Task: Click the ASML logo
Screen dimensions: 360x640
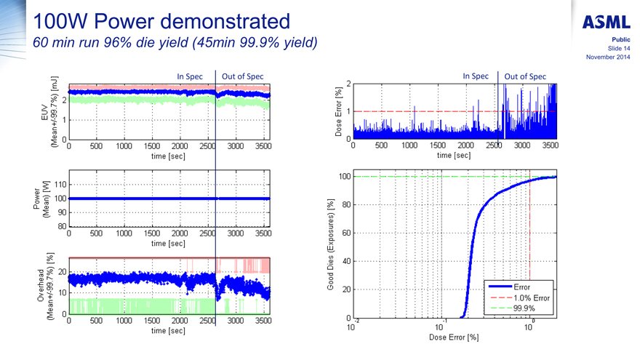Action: [607, 22]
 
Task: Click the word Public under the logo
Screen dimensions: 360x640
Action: [620, 39]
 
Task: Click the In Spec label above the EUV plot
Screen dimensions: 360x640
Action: [191, 76]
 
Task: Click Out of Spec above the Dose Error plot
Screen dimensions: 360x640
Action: [524, 76]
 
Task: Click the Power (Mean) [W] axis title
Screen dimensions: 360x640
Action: [41, 197]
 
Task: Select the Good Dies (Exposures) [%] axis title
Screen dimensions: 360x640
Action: [331, 246]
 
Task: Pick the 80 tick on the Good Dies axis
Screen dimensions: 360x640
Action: [346, 204]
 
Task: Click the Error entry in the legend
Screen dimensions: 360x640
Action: [522, 287]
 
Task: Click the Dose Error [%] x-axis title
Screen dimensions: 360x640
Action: [454, 338]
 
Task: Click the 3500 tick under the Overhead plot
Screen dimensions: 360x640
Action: [263, 320]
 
